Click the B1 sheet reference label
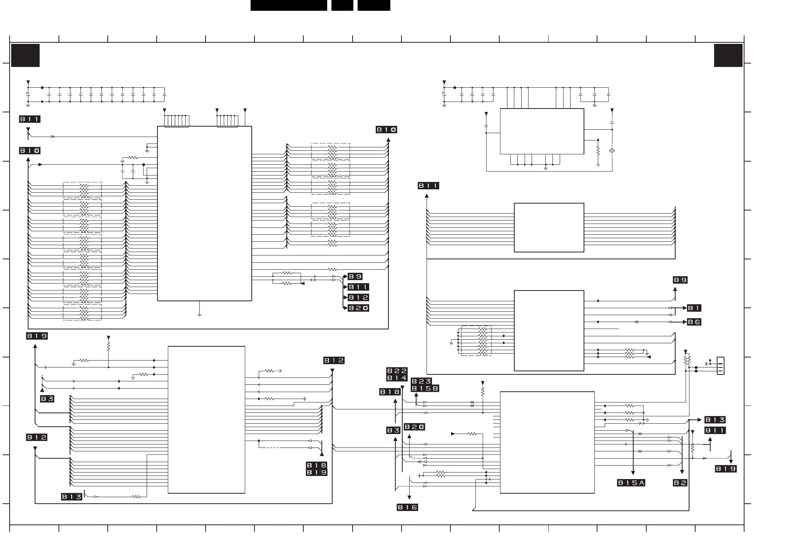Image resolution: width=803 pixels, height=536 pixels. coord(694,308)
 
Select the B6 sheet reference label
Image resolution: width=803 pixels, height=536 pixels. coord(694,322)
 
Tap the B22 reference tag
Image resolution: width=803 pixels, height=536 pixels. coord(397,371)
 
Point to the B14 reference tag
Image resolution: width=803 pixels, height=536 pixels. coord(397,378)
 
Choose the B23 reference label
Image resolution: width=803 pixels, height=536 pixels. coord(422,381)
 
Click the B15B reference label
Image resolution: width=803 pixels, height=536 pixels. coord(425,388)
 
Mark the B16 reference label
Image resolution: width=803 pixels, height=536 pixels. coord(407,508)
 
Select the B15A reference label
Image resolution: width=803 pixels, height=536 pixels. coord(631,483)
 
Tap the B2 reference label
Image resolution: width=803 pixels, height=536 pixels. coord(680,483)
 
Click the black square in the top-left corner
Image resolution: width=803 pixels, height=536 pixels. coord(25,55)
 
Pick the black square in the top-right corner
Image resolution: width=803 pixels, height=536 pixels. coord(728,55)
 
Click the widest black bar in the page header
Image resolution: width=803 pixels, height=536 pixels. coord(289,5)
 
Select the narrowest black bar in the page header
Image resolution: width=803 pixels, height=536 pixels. coord(342,5)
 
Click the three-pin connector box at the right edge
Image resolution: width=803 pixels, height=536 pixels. coord(720,366)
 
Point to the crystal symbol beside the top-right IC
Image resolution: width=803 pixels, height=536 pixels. coord(612,150)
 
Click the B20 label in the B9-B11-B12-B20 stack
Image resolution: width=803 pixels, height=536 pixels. coord(358,308)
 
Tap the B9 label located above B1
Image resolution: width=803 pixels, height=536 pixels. coord(680,280)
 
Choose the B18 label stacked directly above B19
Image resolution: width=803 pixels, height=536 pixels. coord(316,466)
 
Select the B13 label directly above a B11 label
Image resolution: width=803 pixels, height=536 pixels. coord(715,420)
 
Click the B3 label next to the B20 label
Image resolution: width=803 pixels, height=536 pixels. coord(393,431)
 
